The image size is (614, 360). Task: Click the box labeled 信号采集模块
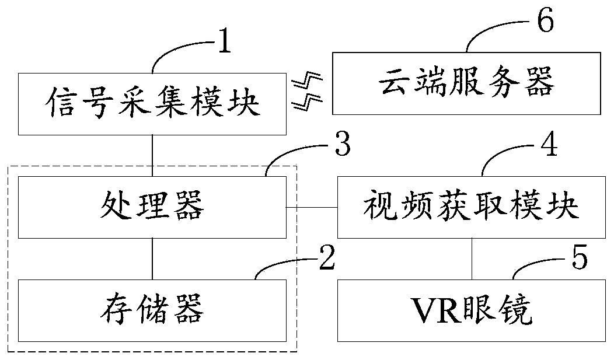pyautogui.click(x=152, y=104)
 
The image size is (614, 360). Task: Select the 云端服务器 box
pyautogui.click(x=466, y=83)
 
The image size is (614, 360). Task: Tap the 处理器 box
pyautogui.click(x=152, y=207)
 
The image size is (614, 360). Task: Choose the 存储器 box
pyautogui.click(x=152, y=310)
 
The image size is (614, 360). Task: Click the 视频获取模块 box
pyautogui.click(x=472, y=207)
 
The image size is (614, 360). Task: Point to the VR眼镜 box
pyautogui.click(x=472, y=310)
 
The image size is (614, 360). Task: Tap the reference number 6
pyautogui.click(x=546, y=20)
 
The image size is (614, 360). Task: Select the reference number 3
pyautogui.click(x=343, y=144)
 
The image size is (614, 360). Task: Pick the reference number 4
pyautogui.click(x=549, y=144)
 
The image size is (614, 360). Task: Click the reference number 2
pyautogui.click(x=327, y=257)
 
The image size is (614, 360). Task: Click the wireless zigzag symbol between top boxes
pyautogui.click(x=308, y=91)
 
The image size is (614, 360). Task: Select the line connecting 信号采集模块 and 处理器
pyautogui.click(x=152, y=156)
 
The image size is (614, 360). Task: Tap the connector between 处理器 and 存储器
pyautogui.click(x=152, y=258)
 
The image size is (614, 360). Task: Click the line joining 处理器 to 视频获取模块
pyautogui.click(x=312, y=207)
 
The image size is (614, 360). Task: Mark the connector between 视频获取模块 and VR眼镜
pyautogui.click(x=472, y=258)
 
